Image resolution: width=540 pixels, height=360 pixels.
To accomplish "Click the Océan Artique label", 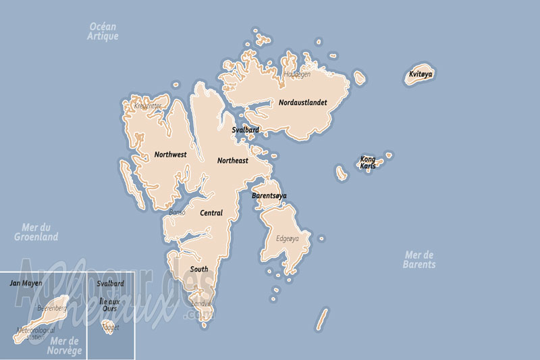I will pos(103,31).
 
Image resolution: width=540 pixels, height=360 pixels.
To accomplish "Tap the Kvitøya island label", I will pos(421,74).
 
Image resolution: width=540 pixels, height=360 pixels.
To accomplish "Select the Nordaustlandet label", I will pos(303,103).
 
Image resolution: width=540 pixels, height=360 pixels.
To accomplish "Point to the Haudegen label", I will pos(297,74).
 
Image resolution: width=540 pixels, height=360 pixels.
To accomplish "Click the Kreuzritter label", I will pos(148,106).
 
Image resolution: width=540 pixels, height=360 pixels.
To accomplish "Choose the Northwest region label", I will pos(170,155).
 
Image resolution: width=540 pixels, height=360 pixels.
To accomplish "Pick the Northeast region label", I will pos(232,161).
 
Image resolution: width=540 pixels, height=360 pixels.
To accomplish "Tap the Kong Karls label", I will pos(368,162).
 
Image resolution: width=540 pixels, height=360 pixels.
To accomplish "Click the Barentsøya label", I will pos(269,196).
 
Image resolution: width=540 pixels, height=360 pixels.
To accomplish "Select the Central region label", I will pos(211,213).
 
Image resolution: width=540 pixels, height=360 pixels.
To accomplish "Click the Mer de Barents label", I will pos(420,259).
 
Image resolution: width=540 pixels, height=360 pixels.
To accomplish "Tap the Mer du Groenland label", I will pos(36,232).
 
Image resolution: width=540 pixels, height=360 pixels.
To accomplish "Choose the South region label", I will pos(199,269).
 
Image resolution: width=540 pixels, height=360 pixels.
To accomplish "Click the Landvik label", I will pos(202,303).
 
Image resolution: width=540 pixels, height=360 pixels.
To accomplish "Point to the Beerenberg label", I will pos(51,308).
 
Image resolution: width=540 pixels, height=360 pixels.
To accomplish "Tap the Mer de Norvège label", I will pos(64,346).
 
